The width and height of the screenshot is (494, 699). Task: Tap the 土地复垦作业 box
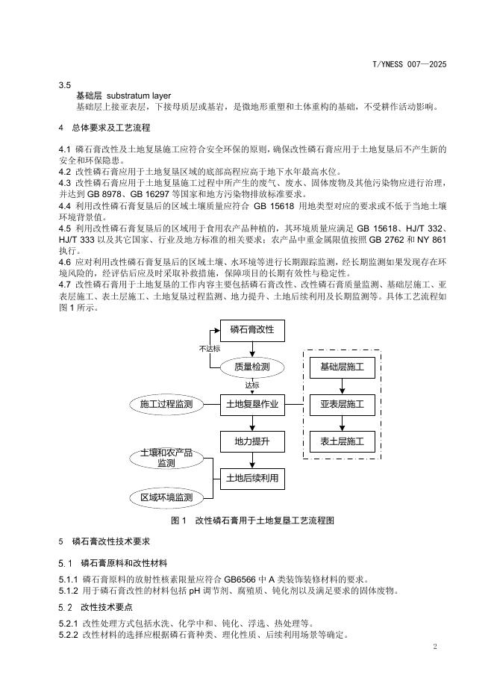click(x=252, y=405)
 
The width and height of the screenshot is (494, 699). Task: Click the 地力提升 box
click(x=252, y=442)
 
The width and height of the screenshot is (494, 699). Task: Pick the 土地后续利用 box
click(x=252, y=478)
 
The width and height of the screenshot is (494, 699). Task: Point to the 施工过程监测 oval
click(x=166, y=405)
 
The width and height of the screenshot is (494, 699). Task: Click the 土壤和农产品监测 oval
click(x=166, y=459)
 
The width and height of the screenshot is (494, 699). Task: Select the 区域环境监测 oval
click(x=166, y=497)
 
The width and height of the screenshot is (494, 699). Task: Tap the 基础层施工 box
click(x=342, y=367)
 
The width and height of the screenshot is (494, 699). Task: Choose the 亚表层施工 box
click(x=342, y=405)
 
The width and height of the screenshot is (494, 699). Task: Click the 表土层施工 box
click(x=342, y=442)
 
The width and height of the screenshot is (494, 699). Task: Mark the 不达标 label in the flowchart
click(x=209, y=349)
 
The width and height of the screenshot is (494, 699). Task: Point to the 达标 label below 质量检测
click(x=252, y=385)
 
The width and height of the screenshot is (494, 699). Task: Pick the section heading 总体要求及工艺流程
click(x=111, y=128)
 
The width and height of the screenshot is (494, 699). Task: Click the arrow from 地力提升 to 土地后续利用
click(x=252, y=460)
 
